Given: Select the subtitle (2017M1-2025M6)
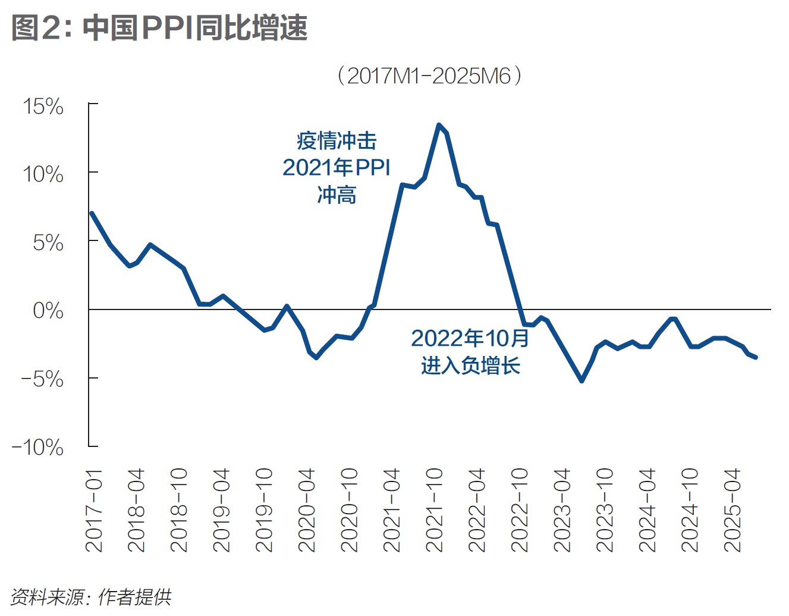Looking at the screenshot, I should (429, 76).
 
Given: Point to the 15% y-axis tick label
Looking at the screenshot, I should (43, 107).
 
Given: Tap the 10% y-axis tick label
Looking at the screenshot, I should (43, 174).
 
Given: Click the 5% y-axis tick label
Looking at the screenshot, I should (48, 242).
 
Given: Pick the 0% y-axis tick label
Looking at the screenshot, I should (48, 310).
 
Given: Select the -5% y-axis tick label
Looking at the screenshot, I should (42, 379).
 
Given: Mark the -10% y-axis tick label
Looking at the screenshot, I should (37, 447).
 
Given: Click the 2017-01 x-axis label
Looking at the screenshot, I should (94, 510).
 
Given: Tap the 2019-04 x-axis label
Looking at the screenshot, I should (221, 510).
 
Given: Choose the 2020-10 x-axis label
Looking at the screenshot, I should (349, 510).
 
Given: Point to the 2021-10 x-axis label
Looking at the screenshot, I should (435, 510).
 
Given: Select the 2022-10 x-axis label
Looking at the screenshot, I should (520, 510).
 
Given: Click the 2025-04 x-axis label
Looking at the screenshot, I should (733, 510).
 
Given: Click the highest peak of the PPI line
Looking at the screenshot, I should (439, 125).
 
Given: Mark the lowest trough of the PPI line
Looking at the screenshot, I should (581, 380).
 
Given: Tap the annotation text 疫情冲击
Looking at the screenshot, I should (337, 141).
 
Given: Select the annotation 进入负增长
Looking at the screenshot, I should (470, 365).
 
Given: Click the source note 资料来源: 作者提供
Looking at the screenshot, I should (91, 597).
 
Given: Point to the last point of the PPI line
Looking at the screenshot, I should (756, 357).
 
